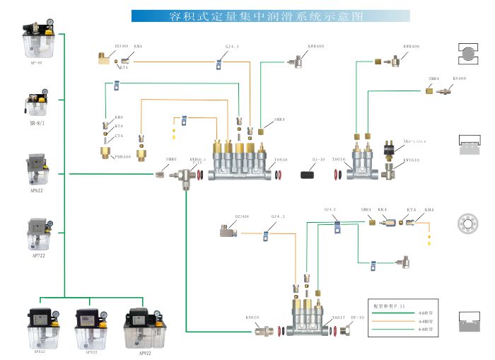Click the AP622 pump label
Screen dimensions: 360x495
(37, 190)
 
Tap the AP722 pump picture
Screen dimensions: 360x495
(37, 234)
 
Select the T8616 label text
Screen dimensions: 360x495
(339, 160)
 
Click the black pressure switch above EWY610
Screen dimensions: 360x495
(388, 147)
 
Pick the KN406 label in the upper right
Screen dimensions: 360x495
(459, 78)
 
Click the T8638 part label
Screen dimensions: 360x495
(281, 160)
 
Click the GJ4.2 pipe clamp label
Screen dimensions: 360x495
(330, 209)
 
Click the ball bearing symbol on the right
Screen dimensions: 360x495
(469, 221)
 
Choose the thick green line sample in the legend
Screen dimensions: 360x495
(392, 313)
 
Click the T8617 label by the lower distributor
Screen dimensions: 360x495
(338, 318)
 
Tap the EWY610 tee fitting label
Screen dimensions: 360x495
(412, 160)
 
